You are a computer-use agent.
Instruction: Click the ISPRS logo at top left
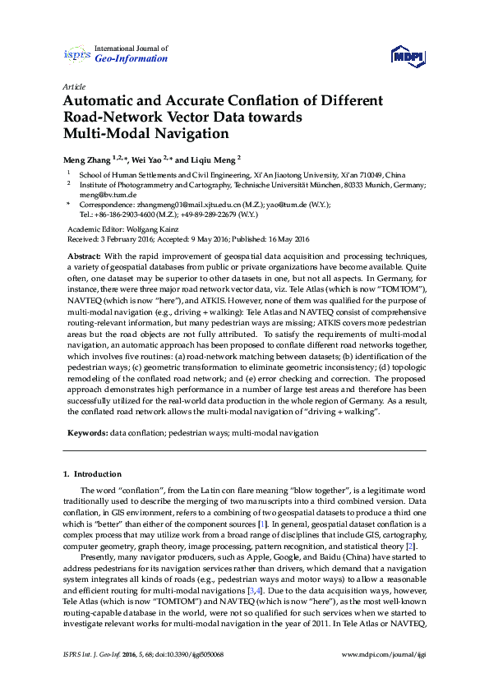[78, 54]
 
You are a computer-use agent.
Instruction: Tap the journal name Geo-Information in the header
[132, 59]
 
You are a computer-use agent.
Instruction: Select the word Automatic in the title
[101, 101]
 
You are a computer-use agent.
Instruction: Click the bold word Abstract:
[84, 256]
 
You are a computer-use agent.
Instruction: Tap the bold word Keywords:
[86, 431]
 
